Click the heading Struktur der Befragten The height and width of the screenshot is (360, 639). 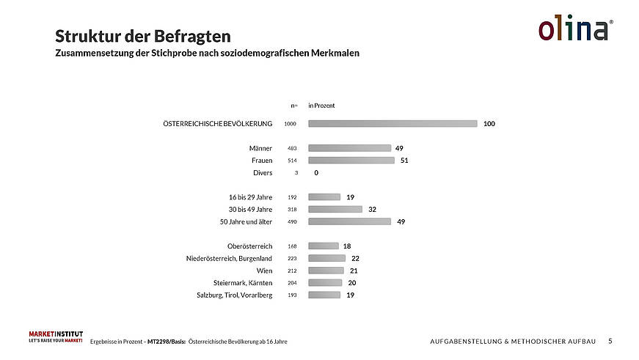click(143, 36)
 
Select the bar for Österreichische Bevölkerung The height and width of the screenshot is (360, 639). click(392, 124)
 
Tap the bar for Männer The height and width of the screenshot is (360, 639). click(349, 148)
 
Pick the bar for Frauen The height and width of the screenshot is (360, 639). click(351, 160)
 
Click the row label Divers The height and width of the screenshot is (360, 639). click(262, 173)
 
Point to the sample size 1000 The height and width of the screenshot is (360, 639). click(290, 124)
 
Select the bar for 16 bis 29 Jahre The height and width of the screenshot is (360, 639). click(324, 197)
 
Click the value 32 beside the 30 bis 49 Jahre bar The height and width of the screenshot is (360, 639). click(372, 209)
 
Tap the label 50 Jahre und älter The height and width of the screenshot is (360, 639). click(247, 221)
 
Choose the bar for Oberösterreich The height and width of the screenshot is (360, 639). click(324, 246)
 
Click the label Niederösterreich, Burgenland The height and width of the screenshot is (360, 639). click(230, 258)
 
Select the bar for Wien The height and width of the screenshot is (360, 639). click(326, 271)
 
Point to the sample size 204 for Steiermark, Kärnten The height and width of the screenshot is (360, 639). click(292, 283)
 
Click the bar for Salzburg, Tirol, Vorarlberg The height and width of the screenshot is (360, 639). click(324, 295)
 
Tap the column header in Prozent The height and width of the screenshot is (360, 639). click(321, 106)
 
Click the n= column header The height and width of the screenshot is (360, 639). click(293, 106)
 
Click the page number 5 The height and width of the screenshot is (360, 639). click(610, 341)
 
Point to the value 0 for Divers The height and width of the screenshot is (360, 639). click(316, 173)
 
